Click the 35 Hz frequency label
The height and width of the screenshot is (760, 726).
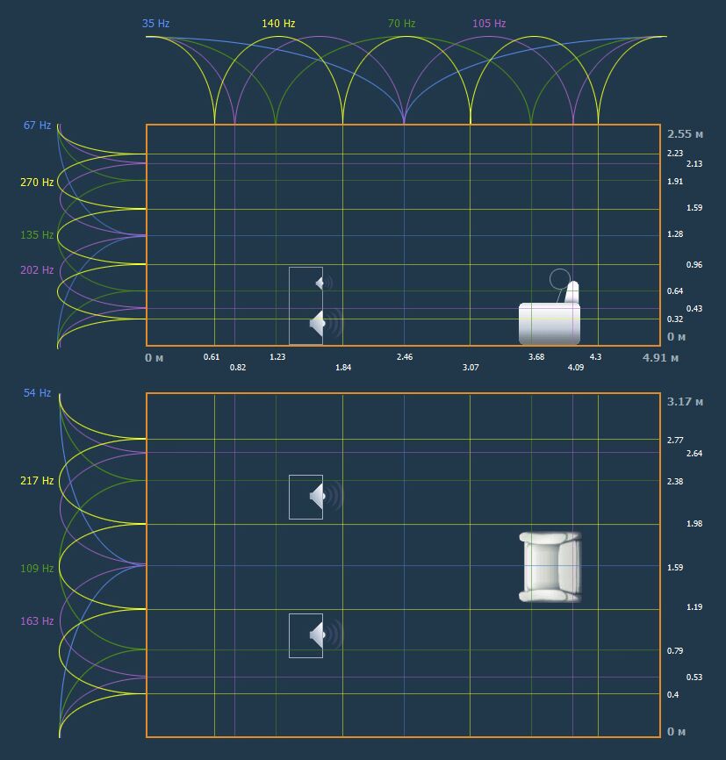155,24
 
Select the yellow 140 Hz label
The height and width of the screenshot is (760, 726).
278,24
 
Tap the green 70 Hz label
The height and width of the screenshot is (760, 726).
401,24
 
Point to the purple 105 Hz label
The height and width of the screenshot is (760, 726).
489,24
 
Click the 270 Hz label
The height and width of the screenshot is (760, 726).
37,183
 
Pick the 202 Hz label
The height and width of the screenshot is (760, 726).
37,270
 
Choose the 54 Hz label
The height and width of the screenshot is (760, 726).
38,392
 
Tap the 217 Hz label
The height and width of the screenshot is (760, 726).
37,480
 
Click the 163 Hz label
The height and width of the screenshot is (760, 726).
37,620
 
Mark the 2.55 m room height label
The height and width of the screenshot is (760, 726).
685,133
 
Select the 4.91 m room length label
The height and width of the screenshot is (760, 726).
660,358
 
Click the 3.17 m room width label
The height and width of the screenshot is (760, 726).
685,401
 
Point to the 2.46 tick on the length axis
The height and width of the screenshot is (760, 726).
405,356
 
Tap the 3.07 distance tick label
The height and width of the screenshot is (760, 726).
471,368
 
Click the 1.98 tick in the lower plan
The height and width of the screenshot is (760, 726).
694,523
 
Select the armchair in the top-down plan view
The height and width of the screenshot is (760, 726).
550,567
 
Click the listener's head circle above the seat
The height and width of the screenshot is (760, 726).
560,279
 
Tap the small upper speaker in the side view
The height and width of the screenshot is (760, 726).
323,283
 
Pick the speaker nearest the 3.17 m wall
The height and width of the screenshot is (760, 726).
325,497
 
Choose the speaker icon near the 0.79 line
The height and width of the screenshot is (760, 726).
325,635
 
